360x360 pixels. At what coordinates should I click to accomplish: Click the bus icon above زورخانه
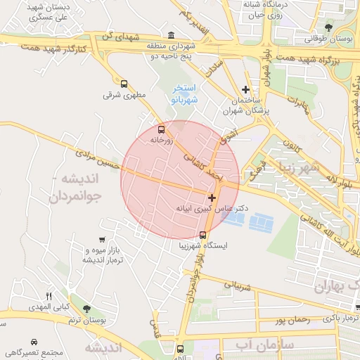pyautogui.click(x=162, y=129)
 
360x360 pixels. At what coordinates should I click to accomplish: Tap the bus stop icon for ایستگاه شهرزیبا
pyautogui.click(x=203, y=236)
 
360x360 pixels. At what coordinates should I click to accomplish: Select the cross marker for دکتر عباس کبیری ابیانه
pyautogui.click(x=212, y=198)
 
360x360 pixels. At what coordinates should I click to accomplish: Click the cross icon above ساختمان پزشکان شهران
pyautogui.click(x=245, y=89)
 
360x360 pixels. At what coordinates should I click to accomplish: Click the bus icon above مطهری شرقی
pyautogui.click(x=124, y=83)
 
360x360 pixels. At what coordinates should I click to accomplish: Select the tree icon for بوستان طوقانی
pyautogui.click(x=328, y=27)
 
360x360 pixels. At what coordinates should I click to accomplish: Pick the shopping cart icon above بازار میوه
pyautogui.click(x=103, y=240)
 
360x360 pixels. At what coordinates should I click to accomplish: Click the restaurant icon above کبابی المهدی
pyautogui.click(x=49, y=296)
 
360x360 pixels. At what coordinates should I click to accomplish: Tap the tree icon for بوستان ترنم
pyautogui.click(x=86, y=309)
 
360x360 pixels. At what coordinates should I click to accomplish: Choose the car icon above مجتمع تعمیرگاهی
pyautogui.click(x=11, y=351)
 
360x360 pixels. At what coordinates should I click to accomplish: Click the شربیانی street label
pyautogui.click(x=237, y=286)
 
